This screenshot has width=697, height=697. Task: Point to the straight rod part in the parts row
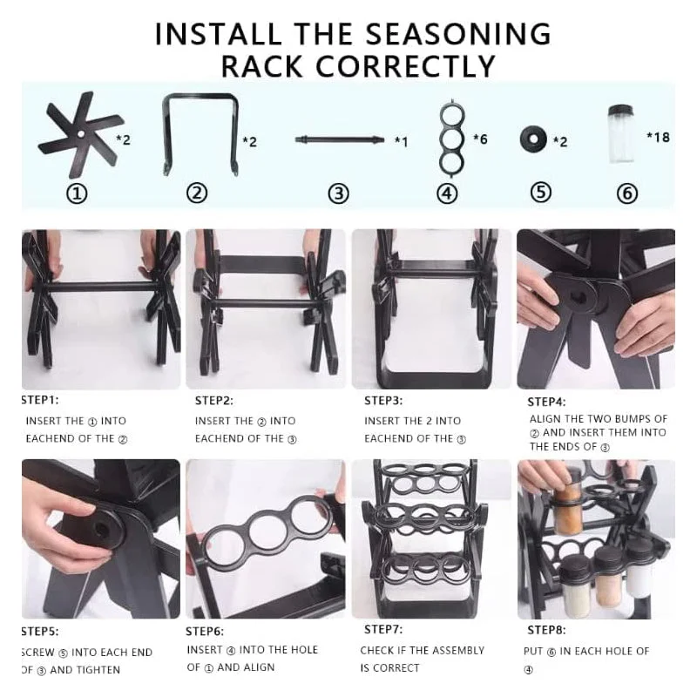(340, 139)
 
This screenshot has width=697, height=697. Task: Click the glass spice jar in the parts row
(621, 133)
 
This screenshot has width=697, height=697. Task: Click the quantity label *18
(658, 137)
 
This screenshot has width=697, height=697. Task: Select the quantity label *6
(480, 139)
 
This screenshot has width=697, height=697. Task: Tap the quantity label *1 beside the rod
(401, 141)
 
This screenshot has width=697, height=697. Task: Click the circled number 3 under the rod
(338, 193)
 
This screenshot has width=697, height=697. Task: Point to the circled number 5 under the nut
(541, 193)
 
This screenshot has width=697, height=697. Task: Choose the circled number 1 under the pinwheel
(77, 193)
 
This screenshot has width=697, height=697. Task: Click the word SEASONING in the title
(458, 34)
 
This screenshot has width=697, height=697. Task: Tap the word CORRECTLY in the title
(405, 67)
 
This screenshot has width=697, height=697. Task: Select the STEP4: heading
(547, 402)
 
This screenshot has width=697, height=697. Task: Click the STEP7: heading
(383, 629)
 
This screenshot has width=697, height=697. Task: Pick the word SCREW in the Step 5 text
(38, 653)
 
